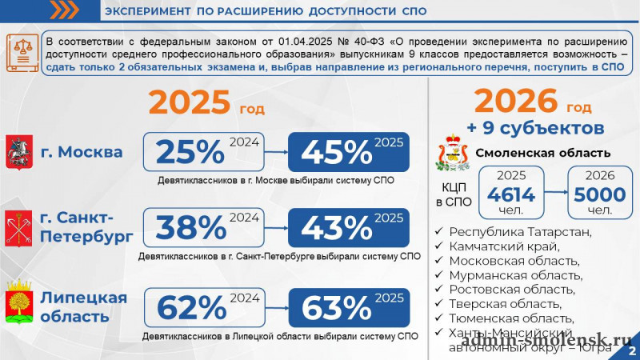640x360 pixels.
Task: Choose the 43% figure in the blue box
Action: tap(335, 229)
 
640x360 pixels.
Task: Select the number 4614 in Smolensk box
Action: tap(510, 195)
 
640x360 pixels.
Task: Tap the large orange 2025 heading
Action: tap(189, 104)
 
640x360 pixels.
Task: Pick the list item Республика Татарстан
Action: tap(520, 232)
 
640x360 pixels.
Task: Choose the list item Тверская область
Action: tap(505, 304)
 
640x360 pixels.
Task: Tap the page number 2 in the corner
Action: tap(632, 350)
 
